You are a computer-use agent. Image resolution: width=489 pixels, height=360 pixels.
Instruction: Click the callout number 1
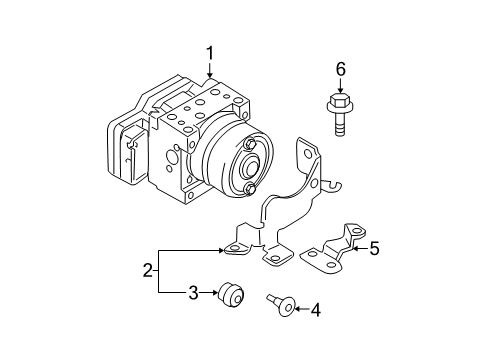210,54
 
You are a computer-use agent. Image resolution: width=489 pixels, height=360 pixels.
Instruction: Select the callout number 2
147,270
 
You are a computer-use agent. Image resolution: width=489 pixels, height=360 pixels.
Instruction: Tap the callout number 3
193,293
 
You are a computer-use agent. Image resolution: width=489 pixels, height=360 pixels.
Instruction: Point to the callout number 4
315,310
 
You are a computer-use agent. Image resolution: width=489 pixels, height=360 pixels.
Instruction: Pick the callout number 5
375,248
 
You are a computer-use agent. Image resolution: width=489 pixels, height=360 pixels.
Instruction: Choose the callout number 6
340,69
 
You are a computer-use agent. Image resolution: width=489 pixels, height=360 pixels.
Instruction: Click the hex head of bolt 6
339,101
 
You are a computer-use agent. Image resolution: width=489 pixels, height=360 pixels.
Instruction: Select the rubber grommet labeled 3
231,294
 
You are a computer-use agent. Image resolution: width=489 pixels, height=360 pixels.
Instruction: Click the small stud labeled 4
282,304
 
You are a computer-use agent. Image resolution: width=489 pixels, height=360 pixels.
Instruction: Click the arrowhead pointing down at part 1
210,75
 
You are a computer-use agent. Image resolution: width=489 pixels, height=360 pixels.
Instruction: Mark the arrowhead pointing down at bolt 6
340,90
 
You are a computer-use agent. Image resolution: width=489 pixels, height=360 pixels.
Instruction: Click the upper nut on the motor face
250,144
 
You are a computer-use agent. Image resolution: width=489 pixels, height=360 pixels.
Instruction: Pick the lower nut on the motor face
250,189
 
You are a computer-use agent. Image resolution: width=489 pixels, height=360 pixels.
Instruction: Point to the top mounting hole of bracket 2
308,154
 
